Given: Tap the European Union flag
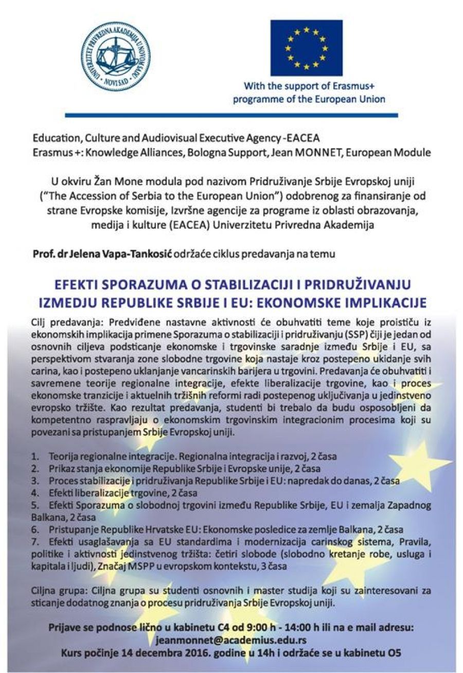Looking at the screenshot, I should [307, 47].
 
